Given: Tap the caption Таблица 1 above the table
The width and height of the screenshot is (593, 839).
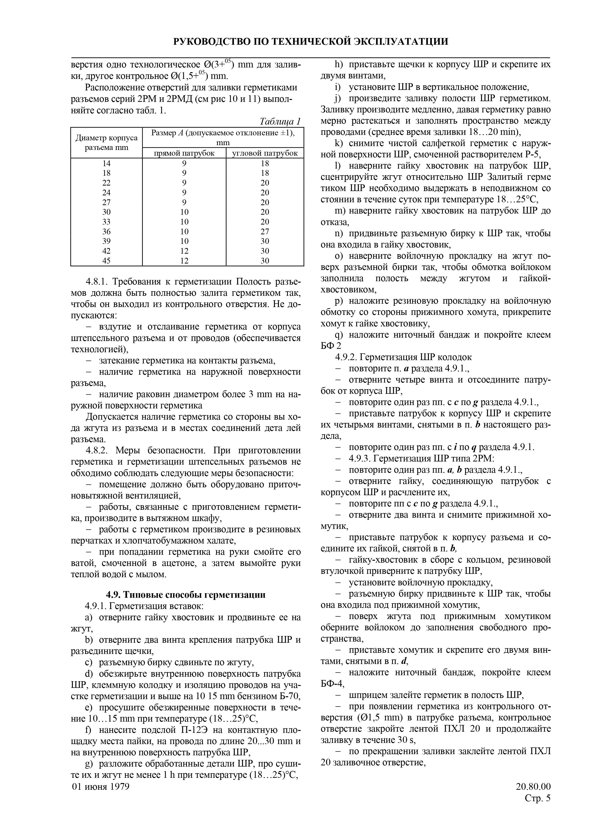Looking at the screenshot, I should tap(280, 121).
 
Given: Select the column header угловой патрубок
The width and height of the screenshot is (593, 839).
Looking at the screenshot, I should tap(265, 153).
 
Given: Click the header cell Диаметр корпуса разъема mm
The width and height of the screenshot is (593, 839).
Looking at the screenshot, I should tap(106, 143).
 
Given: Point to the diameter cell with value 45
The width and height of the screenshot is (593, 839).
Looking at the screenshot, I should tap(106, 261).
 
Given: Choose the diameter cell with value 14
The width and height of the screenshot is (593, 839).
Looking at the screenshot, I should tap(106, 163).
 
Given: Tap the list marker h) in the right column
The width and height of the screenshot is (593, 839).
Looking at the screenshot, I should tap(339, 65).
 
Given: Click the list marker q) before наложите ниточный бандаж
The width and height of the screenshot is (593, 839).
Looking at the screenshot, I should tap(339, 335).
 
